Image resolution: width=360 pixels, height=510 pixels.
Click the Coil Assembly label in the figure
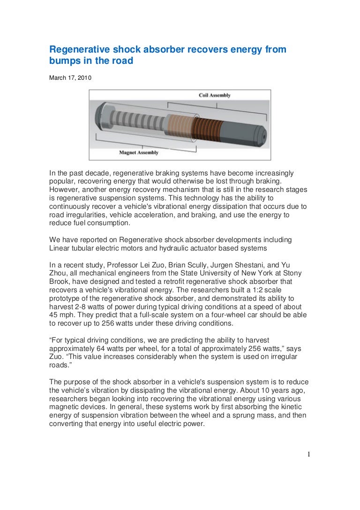(x=215, y=95)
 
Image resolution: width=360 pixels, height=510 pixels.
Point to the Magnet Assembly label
(x=139, y=152)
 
